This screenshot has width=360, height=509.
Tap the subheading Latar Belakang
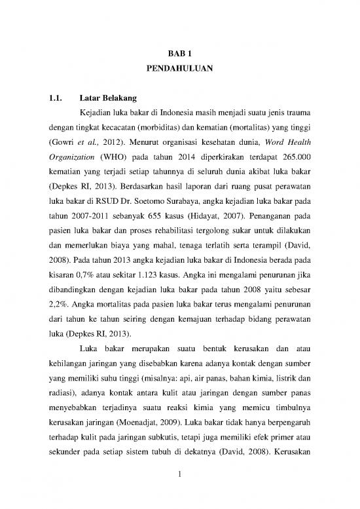pyautogui.click(x=105, y=99)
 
